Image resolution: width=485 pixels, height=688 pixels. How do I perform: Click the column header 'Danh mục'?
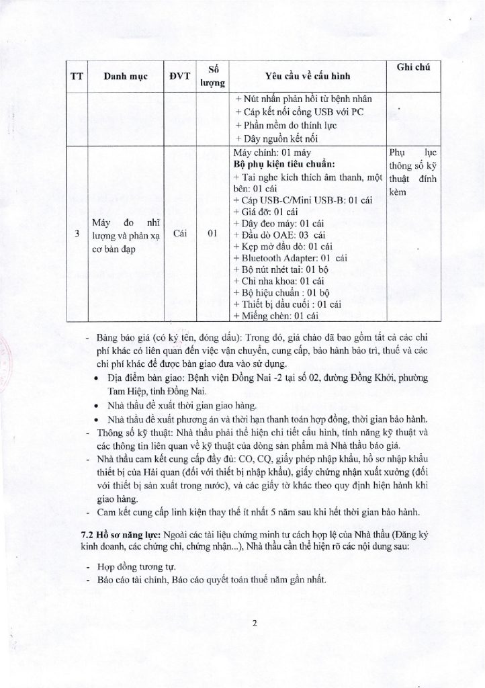click(x=126, y=77)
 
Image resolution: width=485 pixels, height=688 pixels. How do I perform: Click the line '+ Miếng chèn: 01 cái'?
click(x=275, y=314)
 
